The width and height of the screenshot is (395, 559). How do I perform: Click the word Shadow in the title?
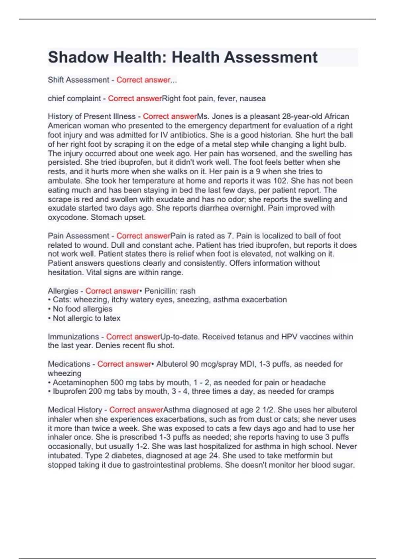coord(78,58)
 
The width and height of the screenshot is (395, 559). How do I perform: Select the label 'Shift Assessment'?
coord(78,80)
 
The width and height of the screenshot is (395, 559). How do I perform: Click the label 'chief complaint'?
coord(74,99)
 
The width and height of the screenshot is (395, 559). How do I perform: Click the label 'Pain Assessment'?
coord(78,236)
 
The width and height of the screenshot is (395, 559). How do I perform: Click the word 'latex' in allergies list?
coord(112,318)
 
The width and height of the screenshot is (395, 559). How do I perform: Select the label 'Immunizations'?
coord(73,337)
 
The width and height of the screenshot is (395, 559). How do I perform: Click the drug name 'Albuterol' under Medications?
coord(171,364)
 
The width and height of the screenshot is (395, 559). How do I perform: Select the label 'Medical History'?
coord(75,410)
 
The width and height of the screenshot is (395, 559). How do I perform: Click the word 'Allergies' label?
coord(63,291)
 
